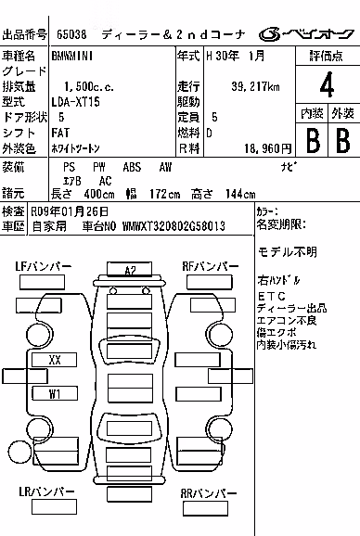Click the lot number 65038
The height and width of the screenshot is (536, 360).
click(71, 34)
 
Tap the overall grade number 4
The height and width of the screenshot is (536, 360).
click(327, 84)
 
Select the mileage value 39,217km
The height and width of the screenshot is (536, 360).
click(255, 86)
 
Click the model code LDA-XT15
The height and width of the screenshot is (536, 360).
click(75, 102)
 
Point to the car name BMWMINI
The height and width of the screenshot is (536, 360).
click(72, 56)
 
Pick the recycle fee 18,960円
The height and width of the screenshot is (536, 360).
click(268, 148)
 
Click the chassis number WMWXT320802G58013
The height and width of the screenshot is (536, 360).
click(174, 226)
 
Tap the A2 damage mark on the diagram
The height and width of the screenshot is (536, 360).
click(130, 271)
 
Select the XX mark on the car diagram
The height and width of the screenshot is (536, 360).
click(55, 360)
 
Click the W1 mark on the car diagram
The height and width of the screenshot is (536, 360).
click(55, 393)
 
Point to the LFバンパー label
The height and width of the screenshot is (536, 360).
click(43, 266)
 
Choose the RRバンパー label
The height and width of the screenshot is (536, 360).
click(208, 493)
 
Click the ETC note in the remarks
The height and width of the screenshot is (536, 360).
click(272, 296)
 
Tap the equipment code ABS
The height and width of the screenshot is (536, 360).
click(132, 167)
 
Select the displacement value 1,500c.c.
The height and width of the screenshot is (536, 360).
click(89, 86)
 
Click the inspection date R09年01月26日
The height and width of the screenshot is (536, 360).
click(70, 211)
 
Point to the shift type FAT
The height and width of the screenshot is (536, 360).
click(60, 133)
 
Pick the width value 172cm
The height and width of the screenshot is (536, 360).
click(165, 194)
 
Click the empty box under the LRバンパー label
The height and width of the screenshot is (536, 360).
click(54, 506)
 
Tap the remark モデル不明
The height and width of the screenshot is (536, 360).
click(288, 252)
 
